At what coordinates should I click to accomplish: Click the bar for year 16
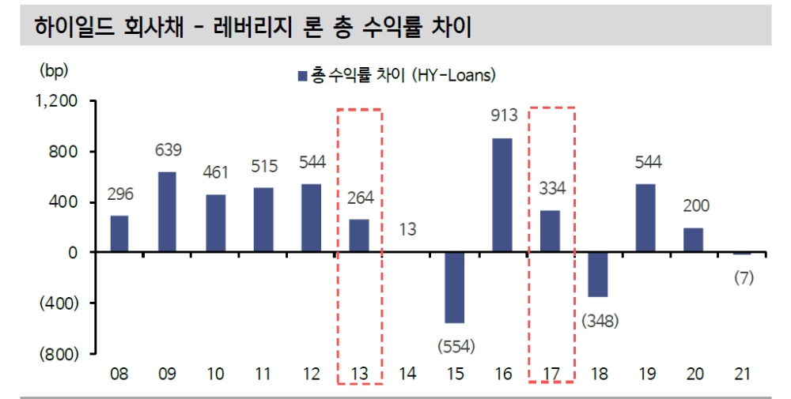point(502,195)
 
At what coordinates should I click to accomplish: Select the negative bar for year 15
point(454,288)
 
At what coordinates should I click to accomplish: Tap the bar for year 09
point(167,212)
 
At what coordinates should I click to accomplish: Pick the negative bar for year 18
point(597,274)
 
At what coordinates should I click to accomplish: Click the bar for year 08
point(119,234)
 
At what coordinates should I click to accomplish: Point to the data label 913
point(503,115)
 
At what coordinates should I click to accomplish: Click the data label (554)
point(455,345)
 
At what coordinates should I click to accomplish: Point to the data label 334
point(551,188)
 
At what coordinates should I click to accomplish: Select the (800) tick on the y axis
point(60,354)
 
